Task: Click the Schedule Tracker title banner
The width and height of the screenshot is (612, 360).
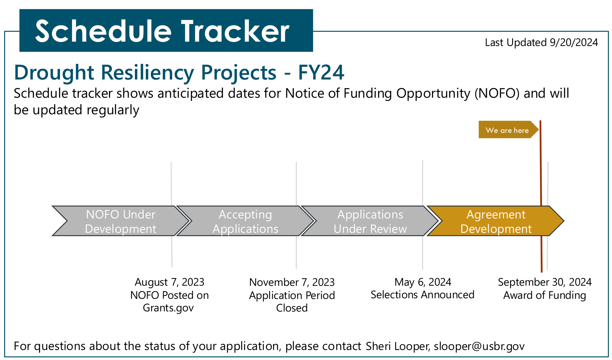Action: (166, 30)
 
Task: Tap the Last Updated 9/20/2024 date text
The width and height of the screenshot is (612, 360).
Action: (541, 43)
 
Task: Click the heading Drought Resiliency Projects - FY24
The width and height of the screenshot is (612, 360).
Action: (179, 72)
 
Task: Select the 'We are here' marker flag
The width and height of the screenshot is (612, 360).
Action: (508, 130)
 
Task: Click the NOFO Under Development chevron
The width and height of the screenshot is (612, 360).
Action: (121, 221)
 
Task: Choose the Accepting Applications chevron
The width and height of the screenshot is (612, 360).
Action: (245, 221)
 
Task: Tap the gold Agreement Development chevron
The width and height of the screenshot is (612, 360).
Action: (496, 221)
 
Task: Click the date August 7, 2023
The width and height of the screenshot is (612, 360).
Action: (169, 282)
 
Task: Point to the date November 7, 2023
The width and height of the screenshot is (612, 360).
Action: (292, 282)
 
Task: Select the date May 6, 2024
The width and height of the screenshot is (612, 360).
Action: (423, 282)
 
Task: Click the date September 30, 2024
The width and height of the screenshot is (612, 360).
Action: (545, 282)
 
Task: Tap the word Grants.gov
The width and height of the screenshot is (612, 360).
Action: (168, 308)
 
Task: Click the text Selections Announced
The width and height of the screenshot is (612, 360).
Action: (422, 295)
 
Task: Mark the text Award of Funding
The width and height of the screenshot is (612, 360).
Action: (544, 295)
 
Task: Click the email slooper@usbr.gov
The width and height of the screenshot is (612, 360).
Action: (479, 346)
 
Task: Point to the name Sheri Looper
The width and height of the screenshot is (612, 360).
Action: (398, 346)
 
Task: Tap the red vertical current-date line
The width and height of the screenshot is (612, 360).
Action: (541, 196)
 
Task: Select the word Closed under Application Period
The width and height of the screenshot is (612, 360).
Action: (292, 308)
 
